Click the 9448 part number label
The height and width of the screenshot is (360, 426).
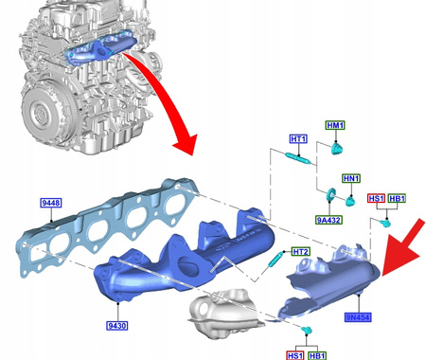tap(51, 203)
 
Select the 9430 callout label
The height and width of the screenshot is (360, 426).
tap(117, 326)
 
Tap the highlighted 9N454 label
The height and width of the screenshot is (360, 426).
tap(358, 317)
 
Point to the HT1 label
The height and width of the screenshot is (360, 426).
tap(298, 139)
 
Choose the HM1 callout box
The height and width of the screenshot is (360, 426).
tap(335, 125)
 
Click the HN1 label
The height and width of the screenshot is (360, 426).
tap(351, 178)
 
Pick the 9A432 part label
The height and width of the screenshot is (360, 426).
tap(328, 220)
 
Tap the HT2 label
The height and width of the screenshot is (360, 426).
tap(301, 252)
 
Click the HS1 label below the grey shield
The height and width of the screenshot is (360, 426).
tap(295, 355)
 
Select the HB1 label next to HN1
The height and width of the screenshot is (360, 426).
tap(397, 198)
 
